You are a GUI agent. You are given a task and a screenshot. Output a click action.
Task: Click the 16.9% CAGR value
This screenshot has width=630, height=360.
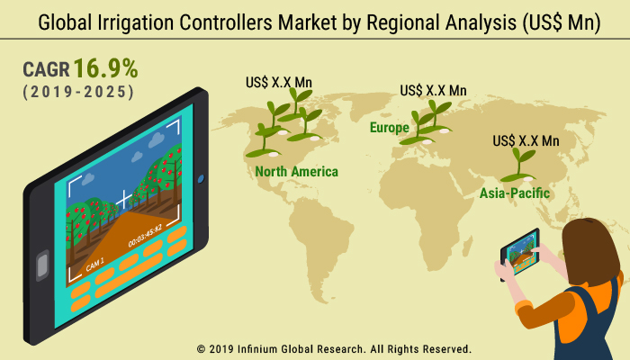click(x=105, y=68)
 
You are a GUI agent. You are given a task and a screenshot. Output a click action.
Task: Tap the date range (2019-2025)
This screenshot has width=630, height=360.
click(x=78, y=92)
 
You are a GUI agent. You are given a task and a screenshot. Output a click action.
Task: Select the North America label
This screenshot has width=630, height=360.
click(x=296, y=172)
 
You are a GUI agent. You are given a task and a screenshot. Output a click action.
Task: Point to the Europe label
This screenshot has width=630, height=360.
click(x=390, y=128)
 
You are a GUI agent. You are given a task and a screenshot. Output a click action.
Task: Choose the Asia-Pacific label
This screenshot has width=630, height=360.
click(x=515, y=193)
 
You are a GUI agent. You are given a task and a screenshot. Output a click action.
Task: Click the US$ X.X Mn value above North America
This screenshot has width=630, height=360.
click(x=279, y=83)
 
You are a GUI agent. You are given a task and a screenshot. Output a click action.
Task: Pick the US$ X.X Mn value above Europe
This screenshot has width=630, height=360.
click(x=433, y=90)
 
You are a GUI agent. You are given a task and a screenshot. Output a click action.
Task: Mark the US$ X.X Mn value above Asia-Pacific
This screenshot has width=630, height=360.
click(x=526, y=141)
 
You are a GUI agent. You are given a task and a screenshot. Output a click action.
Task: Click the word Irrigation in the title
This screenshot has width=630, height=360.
click(x=136, y=22)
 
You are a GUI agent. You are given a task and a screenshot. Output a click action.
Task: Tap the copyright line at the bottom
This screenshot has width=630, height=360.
click(x=334, y=349)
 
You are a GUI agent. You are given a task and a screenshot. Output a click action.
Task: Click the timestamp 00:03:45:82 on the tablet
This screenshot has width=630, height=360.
click(x=145, y=236)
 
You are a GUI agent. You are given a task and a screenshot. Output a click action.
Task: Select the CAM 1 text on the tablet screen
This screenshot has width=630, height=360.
click(x=94, y=265)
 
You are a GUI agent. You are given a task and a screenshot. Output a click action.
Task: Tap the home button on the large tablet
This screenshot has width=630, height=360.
click(x=42, y=265)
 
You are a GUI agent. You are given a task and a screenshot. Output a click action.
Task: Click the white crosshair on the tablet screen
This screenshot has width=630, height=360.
click(x=124, y=199)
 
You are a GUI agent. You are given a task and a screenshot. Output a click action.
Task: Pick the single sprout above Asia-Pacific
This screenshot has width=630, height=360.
click(x=519, y=165)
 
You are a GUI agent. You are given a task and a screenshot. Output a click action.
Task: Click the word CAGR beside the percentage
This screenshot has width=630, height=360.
click(x=46, y=69)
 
